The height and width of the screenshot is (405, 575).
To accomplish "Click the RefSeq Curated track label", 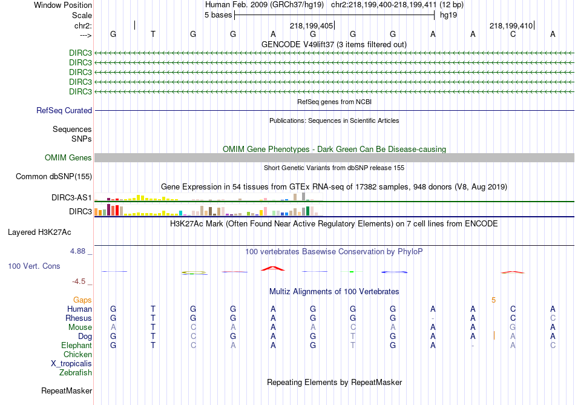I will click(64, 111).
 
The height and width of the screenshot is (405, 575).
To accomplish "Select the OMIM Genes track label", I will click(68, 158).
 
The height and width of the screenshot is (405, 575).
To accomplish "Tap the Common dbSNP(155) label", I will click(54, 177).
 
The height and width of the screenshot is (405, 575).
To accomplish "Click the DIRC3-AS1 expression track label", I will click(72, 198).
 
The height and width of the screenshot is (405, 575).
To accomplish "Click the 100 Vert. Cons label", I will click(34, 266).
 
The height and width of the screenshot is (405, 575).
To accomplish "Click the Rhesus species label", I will click(79, 318).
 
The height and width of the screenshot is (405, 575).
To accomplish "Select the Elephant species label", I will click(76, 346).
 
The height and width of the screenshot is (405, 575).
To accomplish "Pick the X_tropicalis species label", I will click(71, 364).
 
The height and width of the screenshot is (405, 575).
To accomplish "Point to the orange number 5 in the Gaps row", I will click(493, 300).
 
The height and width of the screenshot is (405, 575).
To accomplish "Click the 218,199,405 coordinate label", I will click(311, 26).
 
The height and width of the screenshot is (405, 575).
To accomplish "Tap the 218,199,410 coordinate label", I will click(511, 26).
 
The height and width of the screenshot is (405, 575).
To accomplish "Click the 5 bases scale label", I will click(218, 15).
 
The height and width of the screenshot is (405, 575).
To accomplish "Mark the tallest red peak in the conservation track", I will click(272, 268).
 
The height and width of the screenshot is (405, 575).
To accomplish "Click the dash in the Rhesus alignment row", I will click(433, 318).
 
